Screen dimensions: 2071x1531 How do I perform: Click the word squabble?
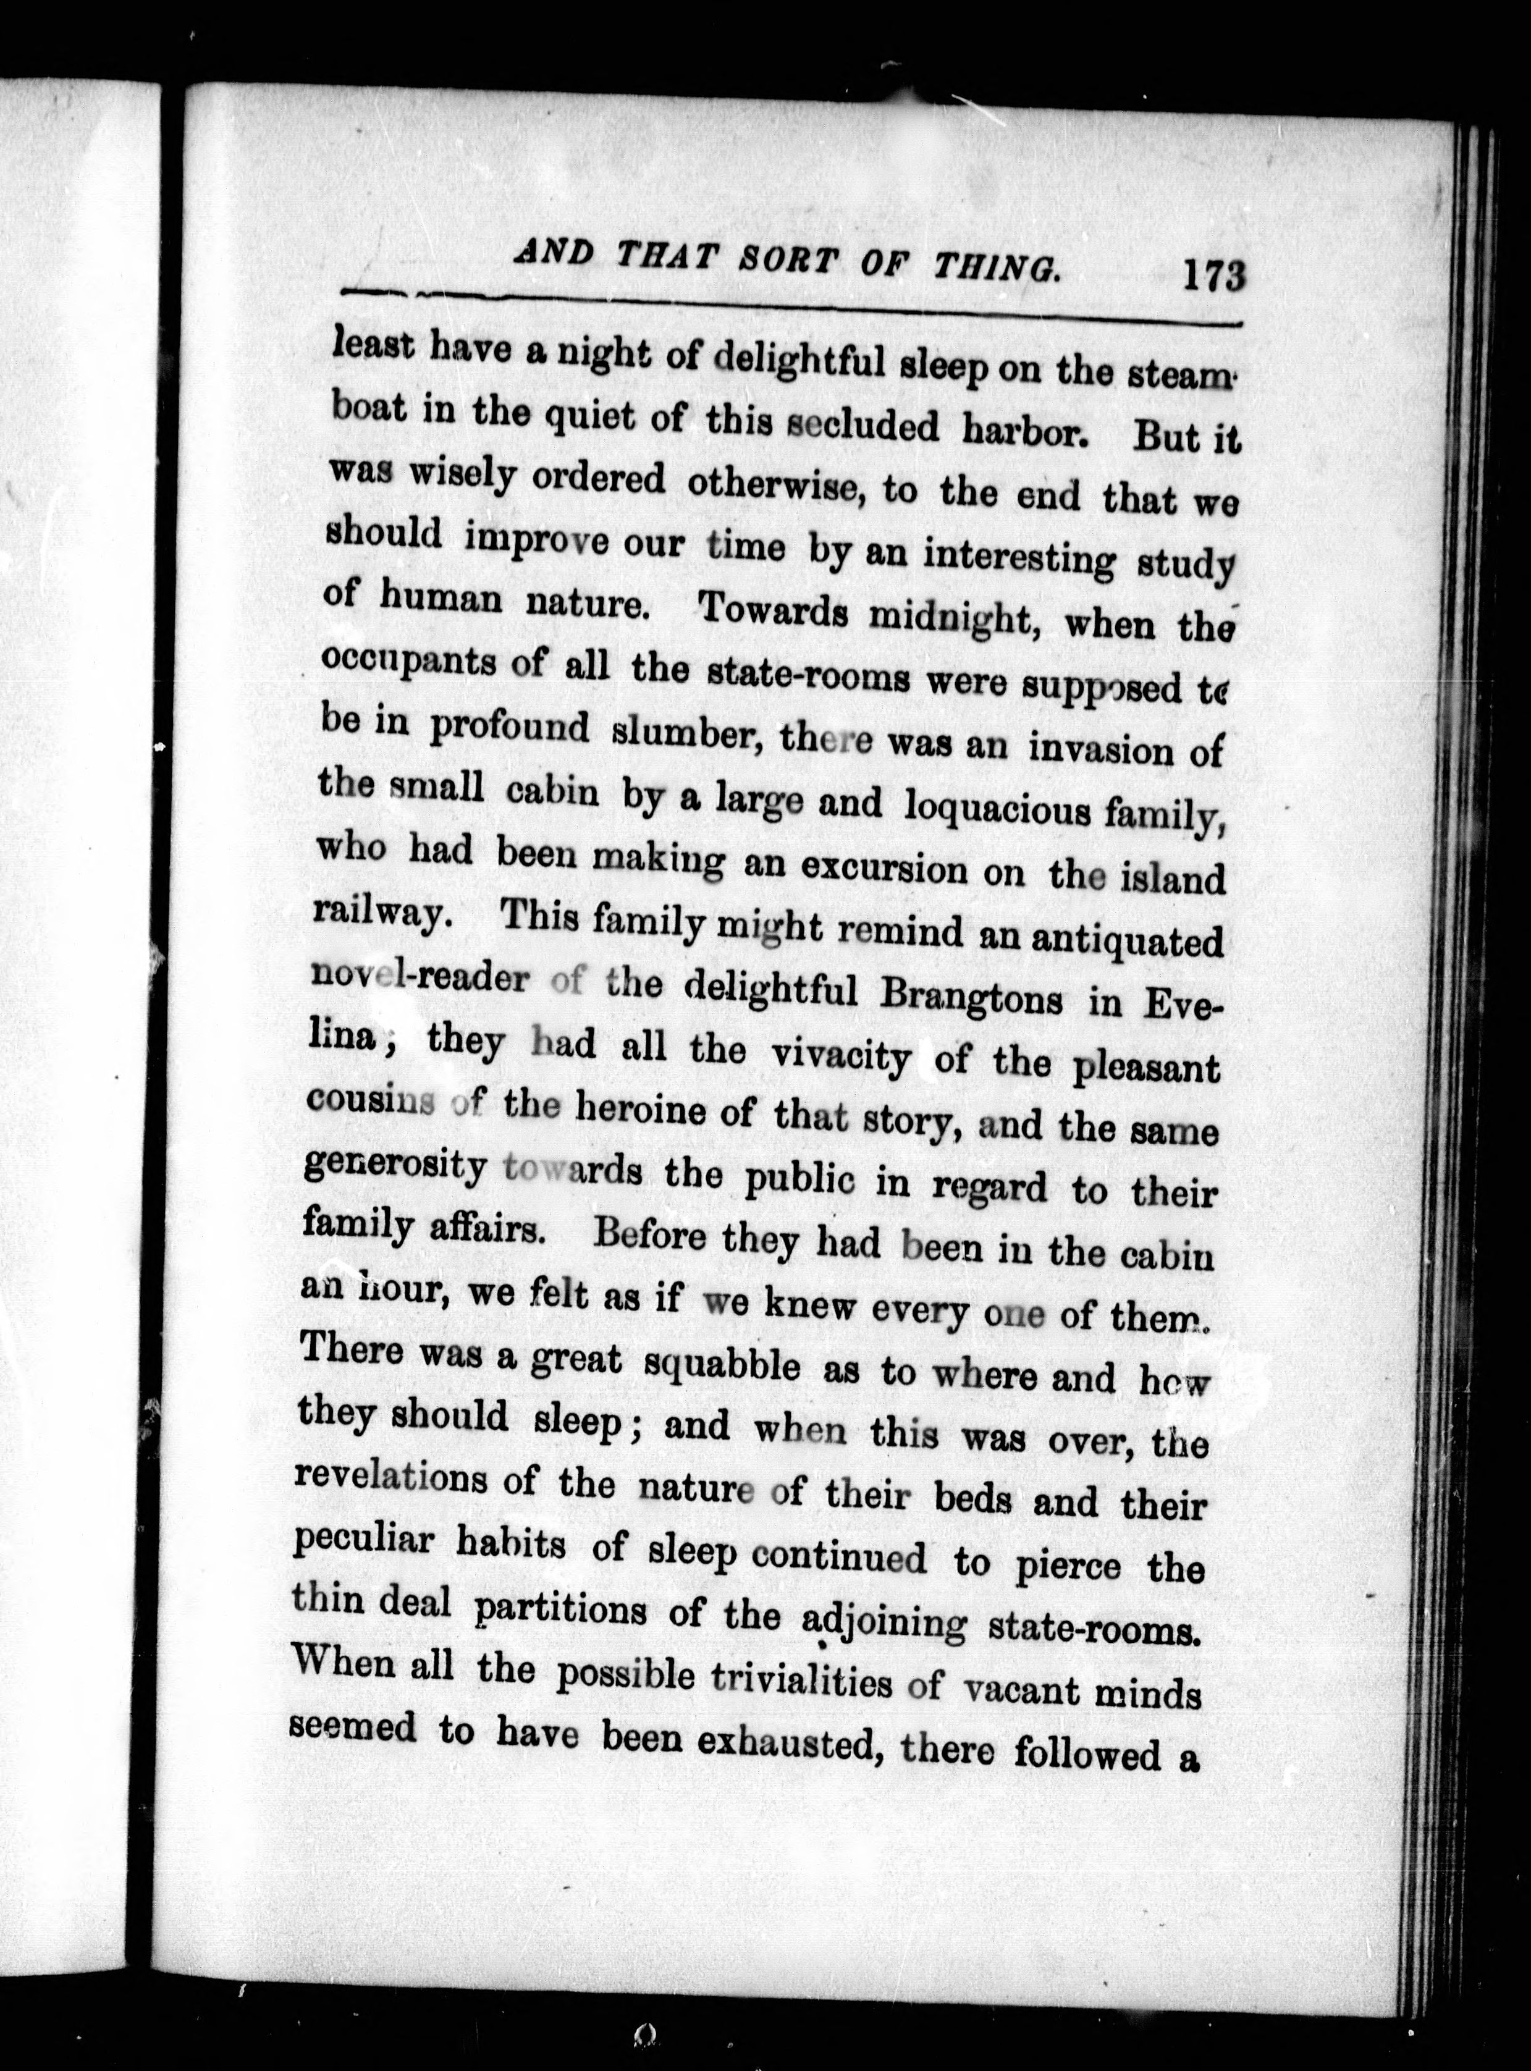pyautogui.click(x=723, y=1364)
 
